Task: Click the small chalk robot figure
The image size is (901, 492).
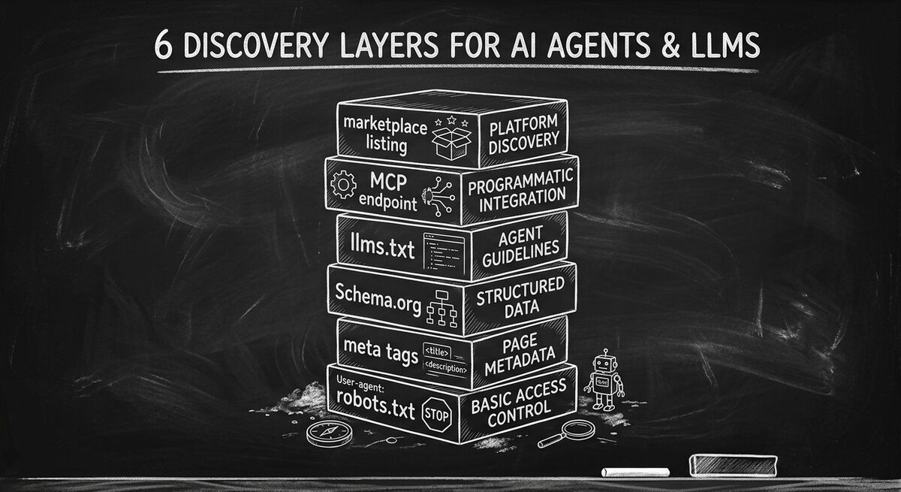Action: [x=605, y=382]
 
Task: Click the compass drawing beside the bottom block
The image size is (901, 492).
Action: [x=325, y=433]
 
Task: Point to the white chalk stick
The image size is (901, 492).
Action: [x=635, y=472]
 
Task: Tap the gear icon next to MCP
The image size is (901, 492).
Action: [x=343, y=183]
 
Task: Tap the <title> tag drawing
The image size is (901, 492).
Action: [x=437, y=352]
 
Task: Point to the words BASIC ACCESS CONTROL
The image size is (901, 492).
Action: [x=518, y=406]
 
